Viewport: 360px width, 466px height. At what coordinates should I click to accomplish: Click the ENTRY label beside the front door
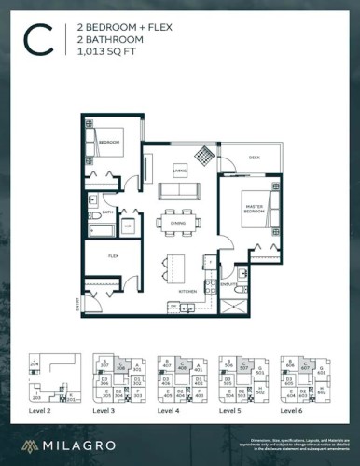coord(76,302)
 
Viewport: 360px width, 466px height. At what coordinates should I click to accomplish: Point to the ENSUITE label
coord(227,283)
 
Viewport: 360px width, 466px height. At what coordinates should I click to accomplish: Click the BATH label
coord(107,213)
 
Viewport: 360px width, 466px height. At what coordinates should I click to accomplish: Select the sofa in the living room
coord(179,190)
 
